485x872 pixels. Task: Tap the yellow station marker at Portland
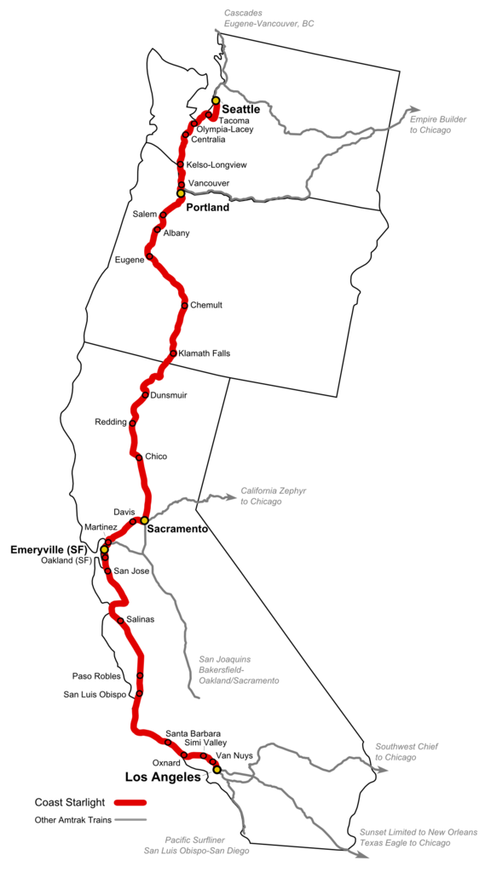tap(181, 193)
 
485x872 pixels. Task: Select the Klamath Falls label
tap(205, 353)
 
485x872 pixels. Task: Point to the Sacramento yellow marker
tap(145, 519)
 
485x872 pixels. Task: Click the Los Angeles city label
tap(163, 777)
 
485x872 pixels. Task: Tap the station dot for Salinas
tap(121, 621)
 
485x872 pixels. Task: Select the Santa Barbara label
tap(193, 733)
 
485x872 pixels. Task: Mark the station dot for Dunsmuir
tap(145, 395)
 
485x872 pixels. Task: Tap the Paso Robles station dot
tap(140, 676)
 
